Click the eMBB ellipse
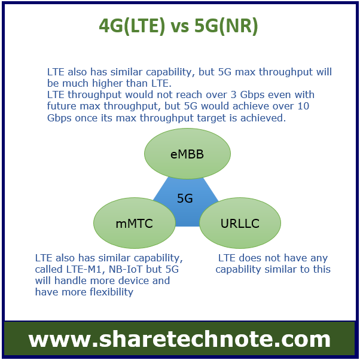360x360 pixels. click(187, 154)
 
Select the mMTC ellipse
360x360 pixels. click(135, 223)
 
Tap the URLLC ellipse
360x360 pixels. click(240, 223)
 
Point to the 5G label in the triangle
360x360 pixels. click(185, 199)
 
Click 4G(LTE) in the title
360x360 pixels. click(132, 26)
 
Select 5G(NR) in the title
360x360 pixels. click(226, 26)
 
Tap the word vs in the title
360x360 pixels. click(180, 27)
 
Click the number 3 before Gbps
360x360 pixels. click(233, 95)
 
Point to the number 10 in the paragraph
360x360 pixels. click(303, 106)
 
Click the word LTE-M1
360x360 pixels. click(84, 269)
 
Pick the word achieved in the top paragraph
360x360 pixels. click(263, 118)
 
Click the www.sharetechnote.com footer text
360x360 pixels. click(179, 339)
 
